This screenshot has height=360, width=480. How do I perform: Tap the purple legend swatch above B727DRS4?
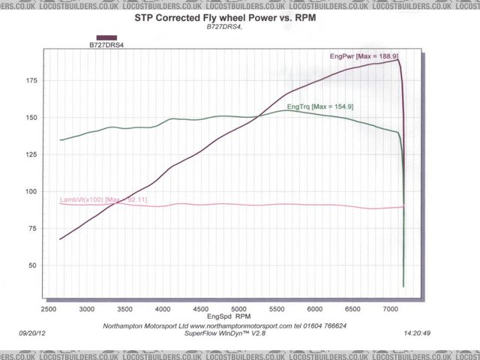tap(106, 37)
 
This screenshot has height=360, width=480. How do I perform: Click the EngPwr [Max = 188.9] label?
tap(364, 56)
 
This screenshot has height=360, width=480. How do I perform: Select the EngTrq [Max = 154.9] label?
tap(320, 107)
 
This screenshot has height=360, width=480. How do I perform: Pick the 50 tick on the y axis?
tap(34, 265)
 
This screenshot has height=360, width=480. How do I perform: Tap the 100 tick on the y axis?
tap(31, 191)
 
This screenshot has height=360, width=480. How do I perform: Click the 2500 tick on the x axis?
tap(49, 309)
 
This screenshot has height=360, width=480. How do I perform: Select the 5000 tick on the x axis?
tap(238, 309)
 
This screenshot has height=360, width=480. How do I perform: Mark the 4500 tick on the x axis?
tap(200, 309)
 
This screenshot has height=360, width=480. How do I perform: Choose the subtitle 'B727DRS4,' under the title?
tap(225, 27)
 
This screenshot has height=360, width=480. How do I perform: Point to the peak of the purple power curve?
tap(397, 60)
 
